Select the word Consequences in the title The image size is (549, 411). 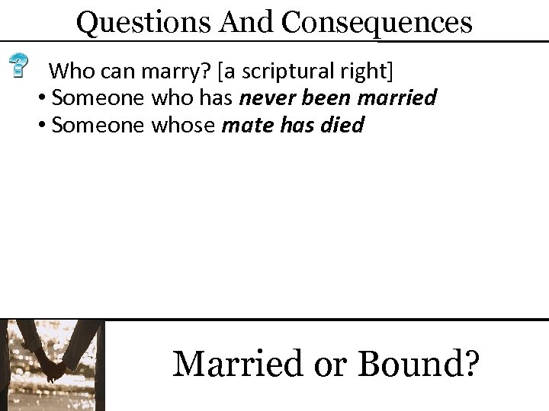coord(378,22)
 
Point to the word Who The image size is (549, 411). coord(69,72)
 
